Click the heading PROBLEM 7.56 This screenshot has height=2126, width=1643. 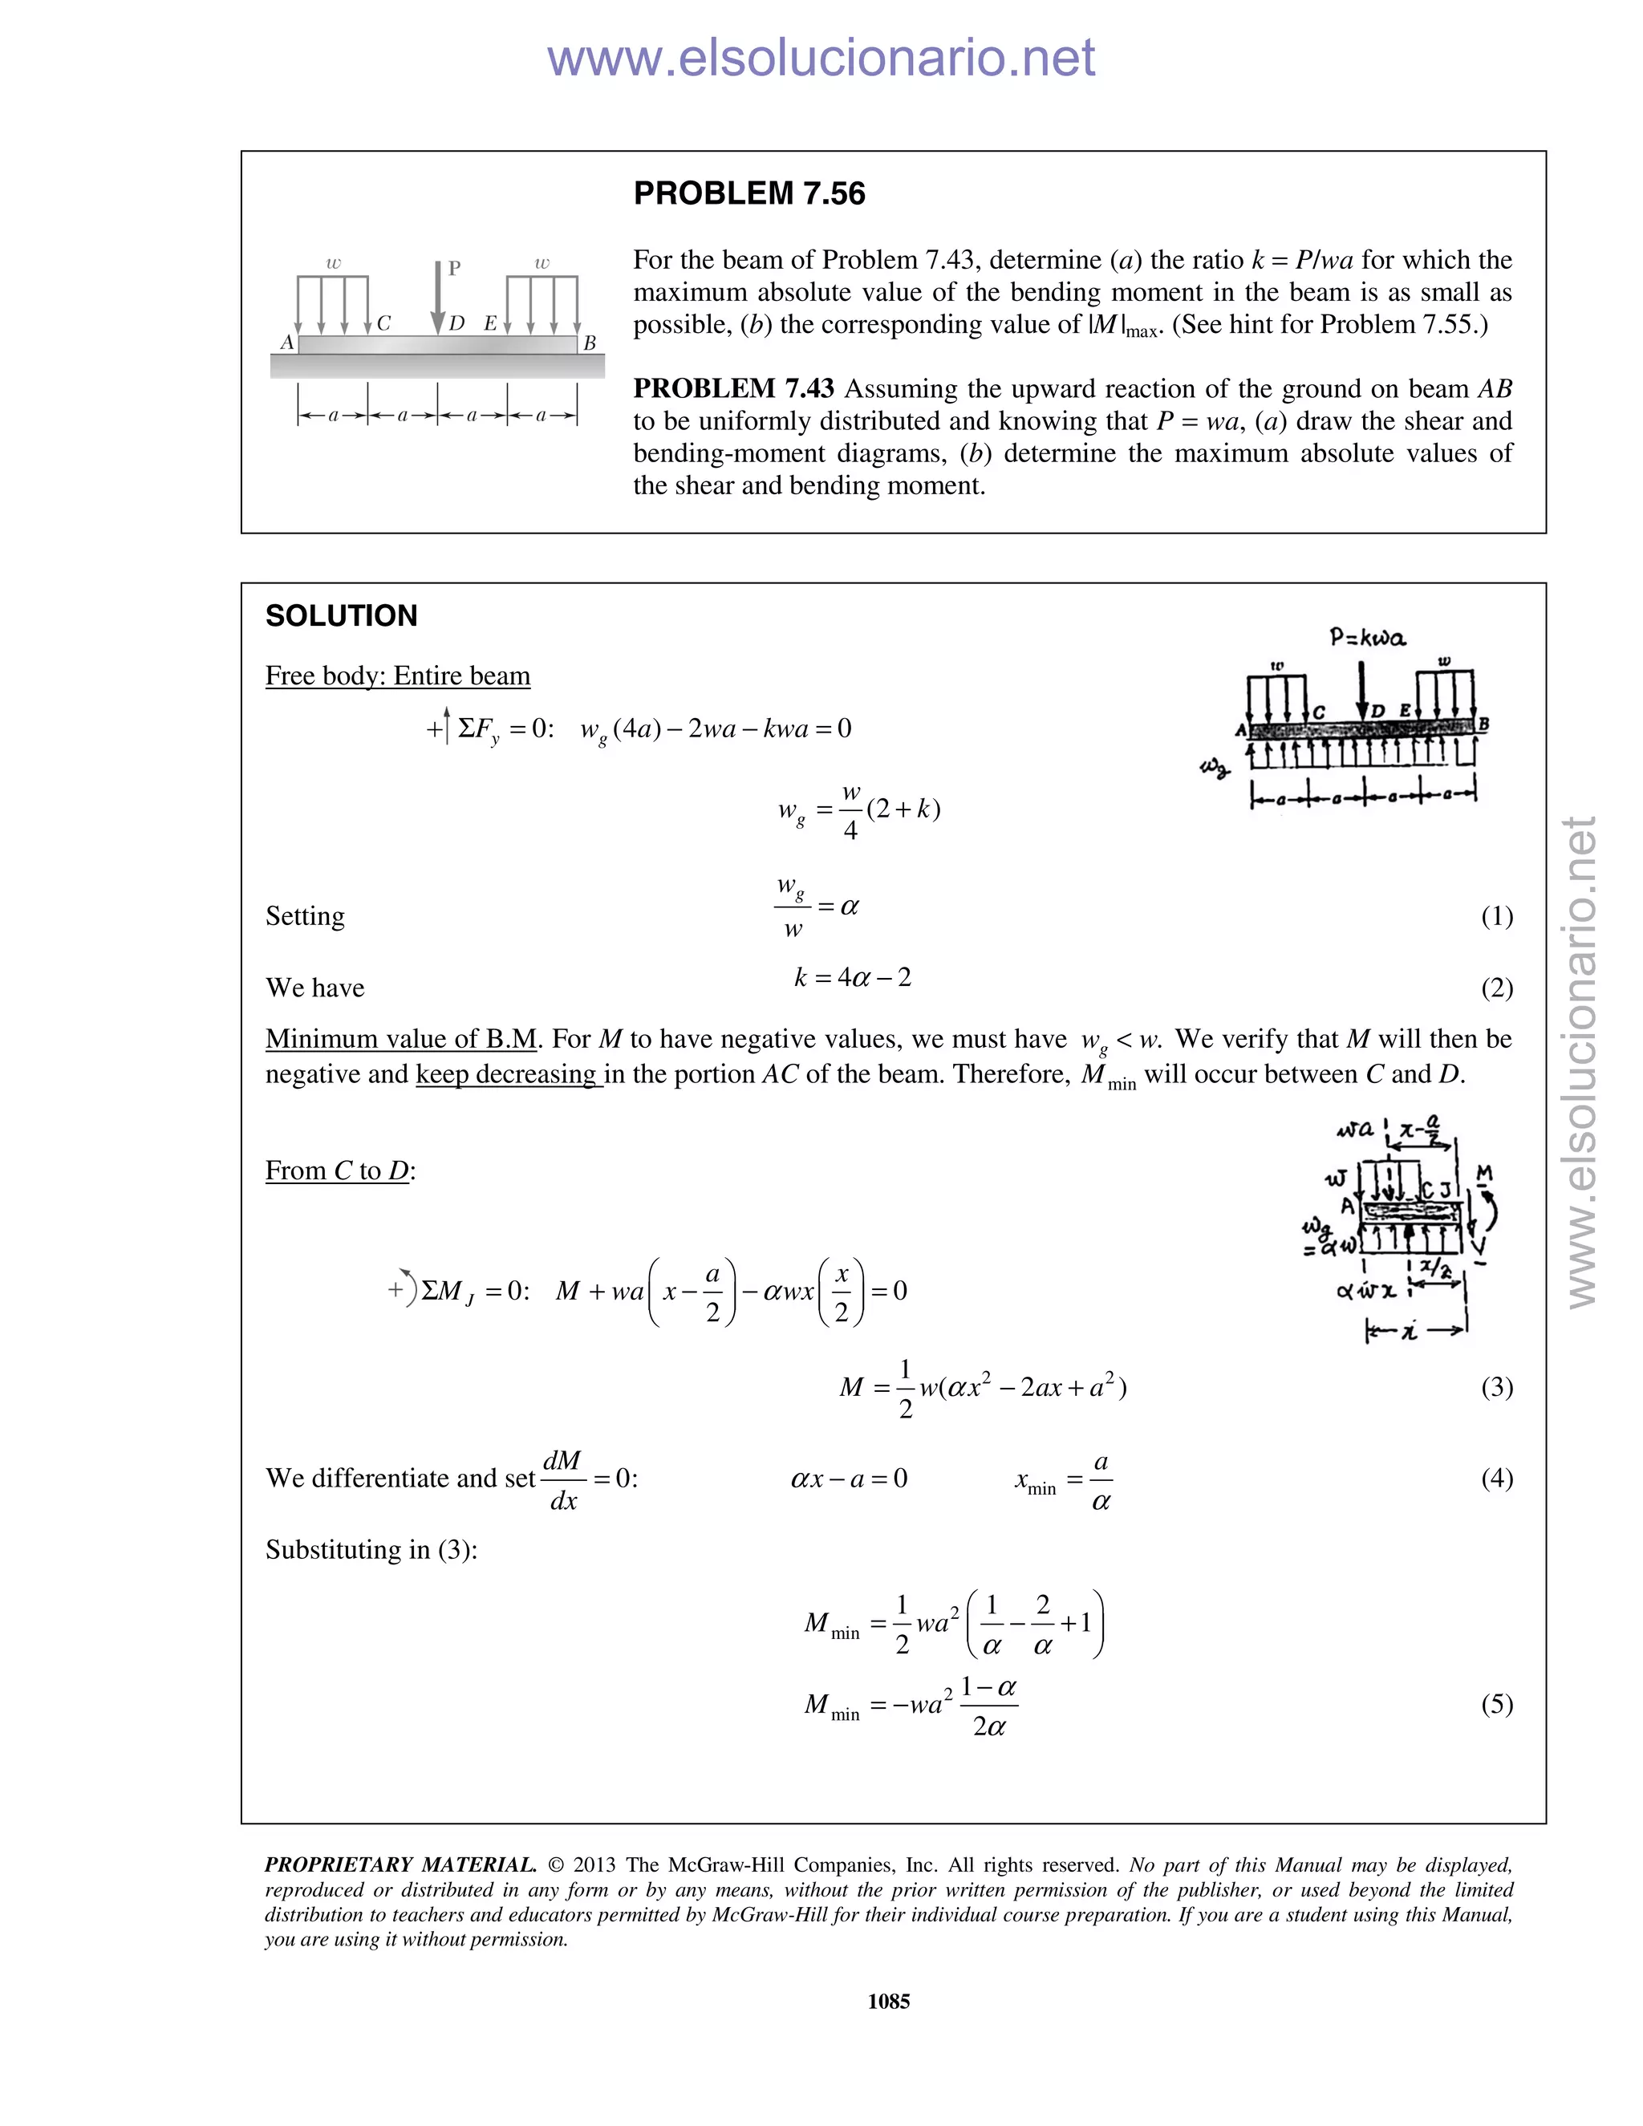(x=748, y=193)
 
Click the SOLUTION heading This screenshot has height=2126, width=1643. (x=341, y=616)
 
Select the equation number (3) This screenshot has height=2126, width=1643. (x=1496, y=1387)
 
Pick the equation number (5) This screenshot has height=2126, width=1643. (x=1496, y=1705)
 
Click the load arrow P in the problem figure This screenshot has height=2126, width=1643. (x=439, y=297)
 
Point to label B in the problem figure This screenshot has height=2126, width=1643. (x=589, y=343)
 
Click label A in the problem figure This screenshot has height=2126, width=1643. (x=287, y=343)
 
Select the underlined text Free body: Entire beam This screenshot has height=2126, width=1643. (x=397, y=676)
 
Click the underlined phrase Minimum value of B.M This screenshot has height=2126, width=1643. (x=401, y=1040)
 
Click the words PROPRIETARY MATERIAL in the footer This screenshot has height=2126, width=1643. (x=400, y=1865)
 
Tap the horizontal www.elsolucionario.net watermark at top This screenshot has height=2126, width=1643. (x=821, y=58)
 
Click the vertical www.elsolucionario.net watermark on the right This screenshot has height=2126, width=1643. (x=1582, y=1061)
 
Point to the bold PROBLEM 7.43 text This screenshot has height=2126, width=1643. (x=733, y=388)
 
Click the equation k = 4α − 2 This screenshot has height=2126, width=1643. (x=853, y=977)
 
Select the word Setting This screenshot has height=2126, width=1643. (x=305, y=916)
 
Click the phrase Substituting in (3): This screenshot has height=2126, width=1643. (x=371, y=1550)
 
